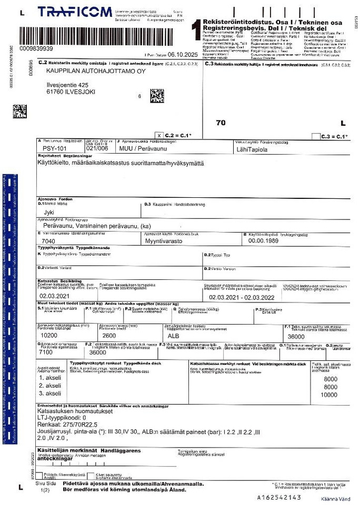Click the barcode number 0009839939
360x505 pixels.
[36, 48]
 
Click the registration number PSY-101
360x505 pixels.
[56, 149]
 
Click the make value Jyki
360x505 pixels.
[49, 213]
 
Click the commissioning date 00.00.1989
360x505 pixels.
[263, 240]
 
